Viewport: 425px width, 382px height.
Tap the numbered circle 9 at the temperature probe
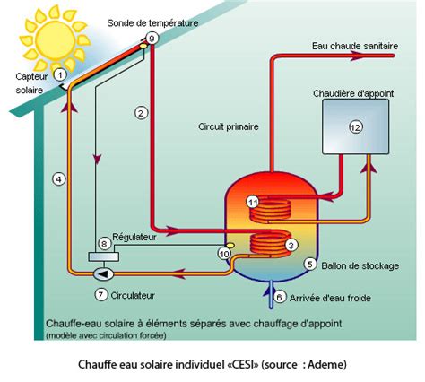(x=151, y=38)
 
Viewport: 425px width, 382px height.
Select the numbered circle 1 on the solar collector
(x=59, y=74)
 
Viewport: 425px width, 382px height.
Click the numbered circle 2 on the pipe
(x=141, y=113)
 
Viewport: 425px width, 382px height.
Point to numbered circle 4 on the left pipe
(x=58, y=179)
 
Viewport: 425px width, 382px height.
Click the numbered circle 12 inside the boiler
(x=355, y=127)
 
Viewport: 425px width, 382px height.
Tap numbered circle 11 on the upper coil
(x=253, y=202)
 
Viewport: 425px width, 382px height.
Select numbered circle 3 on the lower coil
(x=291, y=244)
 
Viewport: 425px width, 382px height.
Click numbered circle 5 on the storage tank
(x=309, y=264)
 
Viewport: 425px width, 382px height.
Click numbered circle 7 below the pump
(x=100, y=293)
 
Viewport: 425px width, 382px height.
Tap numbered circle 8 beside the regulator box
(x=103, y=243)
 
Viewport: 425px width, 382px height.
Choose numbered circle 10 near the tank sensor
(x=223, y=255)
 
